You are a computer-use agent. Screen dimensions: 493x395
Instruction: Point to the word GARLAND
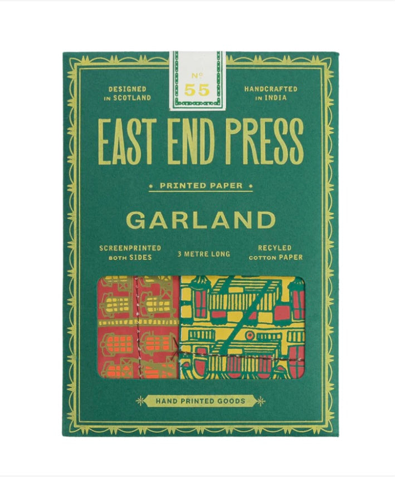coord(198,220)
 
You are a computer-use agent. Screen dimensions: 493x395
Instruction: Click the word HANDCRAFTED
coord(271,89)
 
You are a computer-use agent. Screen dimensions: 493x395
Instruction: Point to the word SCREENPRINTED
coord(130,248)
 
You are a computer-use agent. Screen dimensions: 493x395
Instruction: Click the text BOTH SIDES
coord(130,257)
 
